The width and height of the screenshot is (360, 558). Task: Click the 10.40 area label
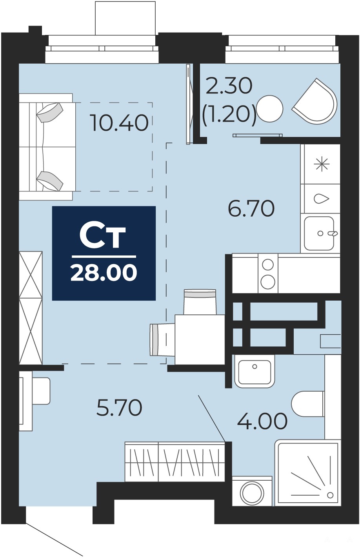tap(120, 122)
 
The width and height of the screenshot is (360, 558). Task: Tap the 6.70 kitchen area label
tap(251, 208)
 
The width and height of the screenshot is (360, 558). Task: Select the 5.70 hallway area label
tap(119, 408)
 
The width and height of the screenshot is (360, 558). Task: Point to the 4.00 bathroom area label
tap(262, 421)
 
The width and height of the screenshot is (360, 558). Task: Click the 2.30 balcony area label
tap(229, 86)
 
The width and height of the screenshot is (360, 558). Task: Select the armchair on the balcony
tap(315, 100)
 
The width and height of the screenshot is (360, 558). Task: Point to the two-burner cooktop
tap(268, 273)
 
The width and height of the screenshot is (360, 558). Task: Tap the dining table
tap(200, 339)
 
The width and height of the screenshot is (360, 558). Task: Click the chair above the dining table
tap(200, 302)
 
